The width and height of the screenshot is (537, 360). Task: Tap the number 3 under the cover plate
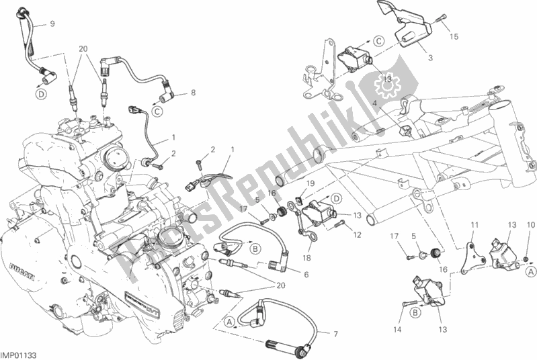[429, 58]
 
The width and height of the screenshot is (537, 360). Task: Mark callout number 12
[358, 234]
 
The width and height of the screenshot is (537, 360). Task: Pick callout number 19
[311, 183]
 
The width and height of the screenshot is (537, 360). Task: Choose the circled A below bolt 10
[530, 271]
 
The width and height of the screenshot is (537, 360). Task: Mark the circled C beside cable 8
[156, 110]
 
